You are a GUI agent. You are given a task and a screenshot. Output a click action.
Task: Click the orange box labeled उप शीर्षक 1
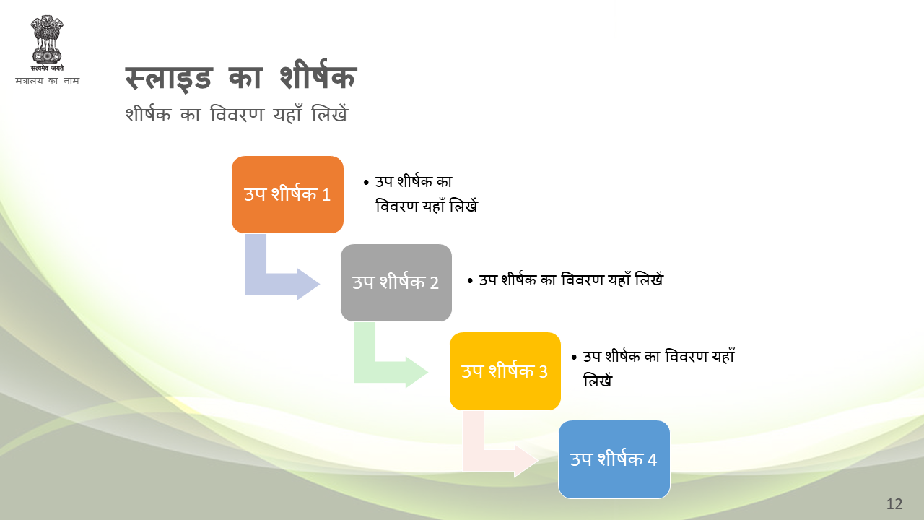click(287, 194)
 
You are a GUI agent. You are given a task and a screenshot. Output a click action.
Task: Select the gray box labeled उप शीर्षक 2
click(396, 282)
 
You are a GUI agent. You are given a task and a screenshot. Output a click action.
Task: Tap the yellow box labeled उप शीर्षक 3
click(505, 371)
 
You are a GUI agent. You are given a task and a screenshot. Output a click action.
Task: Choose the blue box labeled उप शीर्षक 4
click(614, 459)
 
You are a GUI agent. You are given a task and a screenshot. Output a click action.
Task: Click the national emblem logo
click(47, 40)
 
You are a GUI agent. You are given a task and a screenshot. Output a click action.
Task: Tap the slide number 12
click(894, 504)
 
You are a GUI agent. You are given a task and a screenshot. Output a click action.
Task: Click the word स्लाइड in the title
click(169, 78)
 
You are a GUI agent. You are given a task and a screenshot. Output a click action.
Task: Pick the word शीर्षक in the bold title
click(318, 74)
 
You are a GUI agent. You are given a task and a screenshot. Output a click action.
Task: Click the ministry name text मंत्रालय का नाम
click(47, 80)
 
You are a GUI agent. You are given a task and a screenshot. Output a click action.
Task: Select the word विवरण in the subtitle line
click(237, 114)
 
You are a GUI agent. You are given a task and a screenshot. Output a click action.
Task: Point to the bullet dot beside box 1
click(366, 183)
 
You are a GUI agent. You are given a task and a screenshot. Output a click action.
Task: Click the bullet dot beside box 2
click(470, 281)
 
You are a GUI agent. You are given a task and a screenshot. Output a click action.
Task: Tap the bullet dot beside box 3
click(574, 357)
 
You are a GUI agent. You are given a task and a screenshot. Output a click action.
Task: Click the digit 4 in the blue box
click(652, 460)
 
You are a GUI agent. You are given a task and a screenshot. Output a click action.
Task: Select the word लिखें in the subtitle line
click(330, 113)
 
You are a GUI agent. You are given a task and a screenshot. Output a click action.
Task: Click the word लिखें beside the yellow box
click(598, 380)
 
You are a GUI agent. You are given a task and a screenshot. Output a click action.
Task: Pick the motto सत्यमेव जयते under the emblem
click(47, 68)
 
